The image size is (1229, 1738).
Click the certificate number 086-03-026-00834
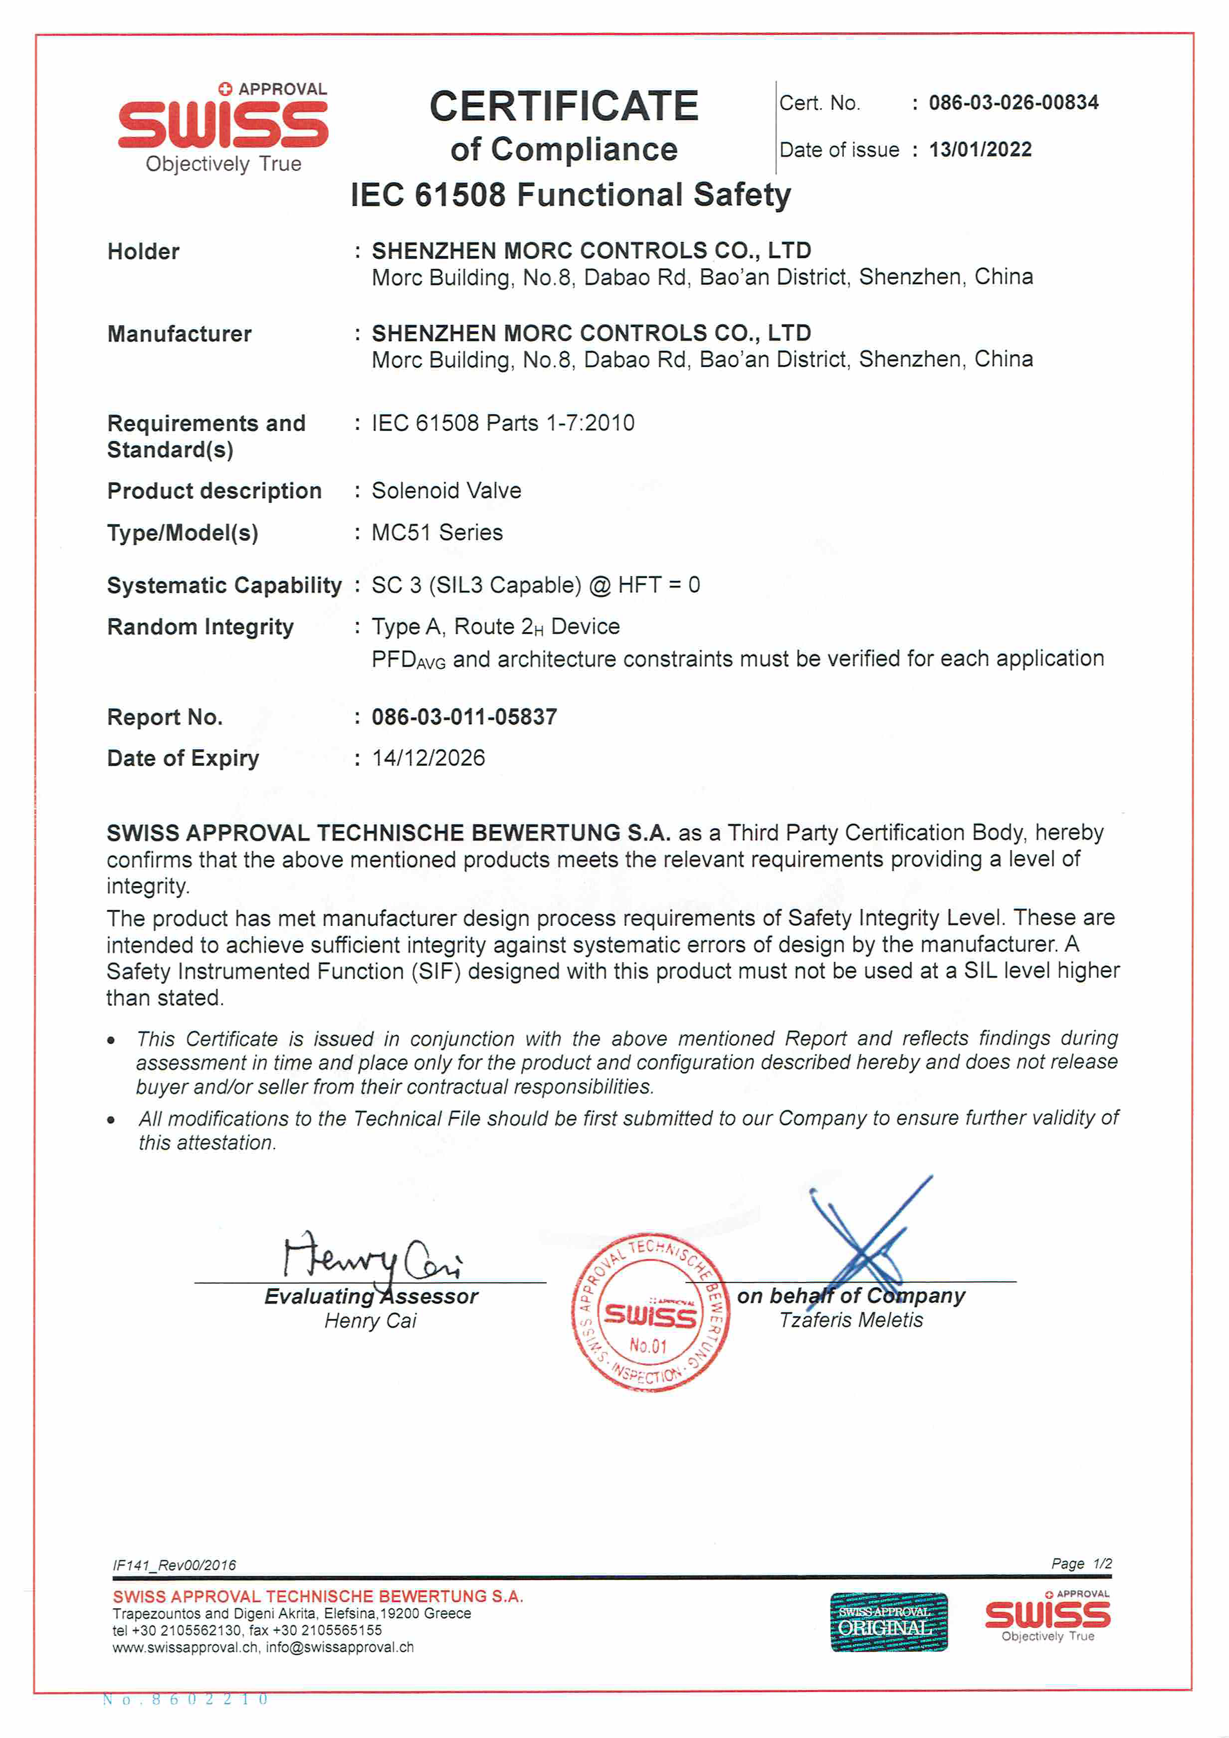[x=1014, y=102]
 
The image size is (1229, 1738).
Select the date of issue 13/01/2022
[x=980, y=149]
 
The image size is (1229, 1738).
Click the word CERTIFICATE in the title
[x=564, y=106]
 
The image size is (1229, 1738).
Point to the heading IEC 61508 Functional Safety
[x=571, y=195]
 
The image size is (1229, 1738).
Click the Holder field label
[x=143, y=251]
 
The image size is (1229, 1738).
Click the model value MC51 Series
[x=436, y=532]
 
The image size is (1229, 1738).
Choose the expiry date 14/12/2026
[x=428, y=758]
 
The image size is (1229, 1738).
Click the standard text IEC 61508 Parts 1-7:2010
[x=502, y=423]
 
